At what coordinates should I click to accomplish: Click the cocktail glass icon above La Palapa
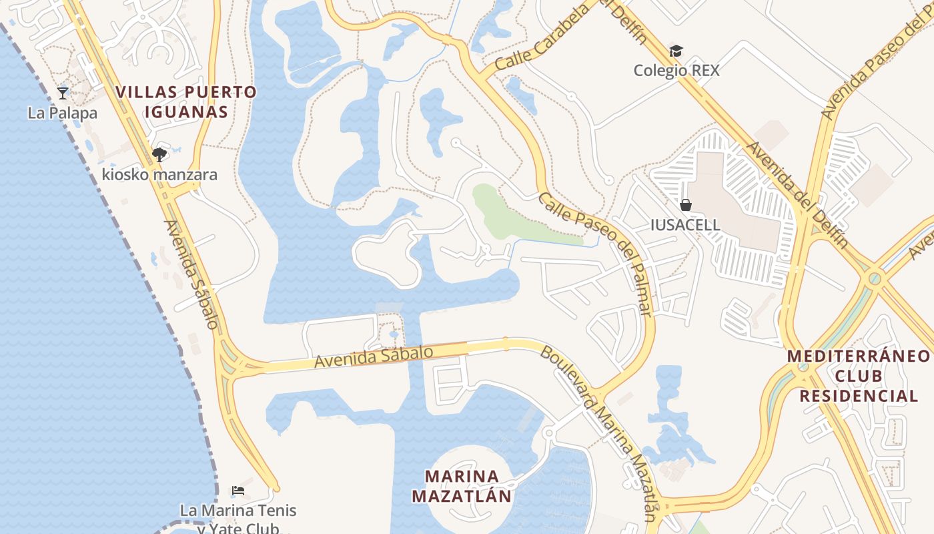[63, 93]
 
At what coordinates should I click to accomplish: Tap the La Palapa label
[63, 113]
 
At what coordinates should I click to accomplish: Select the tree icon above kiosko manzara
[159, 155]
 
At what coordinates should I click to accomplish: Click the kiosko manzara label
[159, 175]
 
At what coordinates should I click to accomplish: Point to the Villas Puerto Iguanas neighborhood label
[186, 101]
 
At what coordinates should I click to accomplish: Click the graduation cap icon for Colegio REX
[676, 51]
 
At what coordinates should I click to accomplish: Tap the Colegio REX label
[676, 71]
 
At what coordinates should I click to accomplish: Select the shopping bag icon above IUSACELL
[685, 205]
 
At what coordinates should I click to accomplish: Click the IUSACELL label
[685, 225]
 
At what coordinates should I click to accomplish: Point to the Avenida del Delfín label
[798, 194]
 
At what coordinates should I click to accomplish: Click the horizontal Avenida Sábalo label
[374, 356]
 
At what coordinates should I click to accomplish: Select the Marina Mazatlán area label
[462, 486]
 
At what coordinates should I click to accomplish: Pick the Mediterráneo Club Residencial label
[859, 376]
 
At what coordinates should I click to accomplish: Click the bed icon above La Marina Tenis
[238, 491]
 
